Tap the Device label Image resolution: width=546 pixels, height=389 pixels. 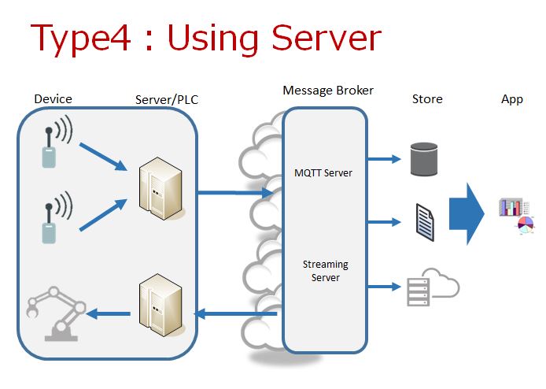pos(53,99)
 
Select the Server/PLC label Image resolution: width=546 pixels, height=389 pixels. pos(164,100)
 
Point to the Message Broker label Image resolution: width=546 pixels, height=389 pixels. pos(328,91)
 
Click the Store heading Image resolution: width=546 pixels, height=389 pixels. pos(427,99)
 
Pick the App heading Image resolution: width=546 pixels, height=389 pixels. pos(512,99)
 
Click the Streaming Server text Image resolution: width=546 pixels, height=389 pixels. pos(325,271)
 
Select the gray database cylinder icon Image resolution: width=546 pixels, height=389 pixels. pos(423,159)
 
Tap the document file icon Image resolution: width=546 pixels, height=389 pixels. pos(424,221)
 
